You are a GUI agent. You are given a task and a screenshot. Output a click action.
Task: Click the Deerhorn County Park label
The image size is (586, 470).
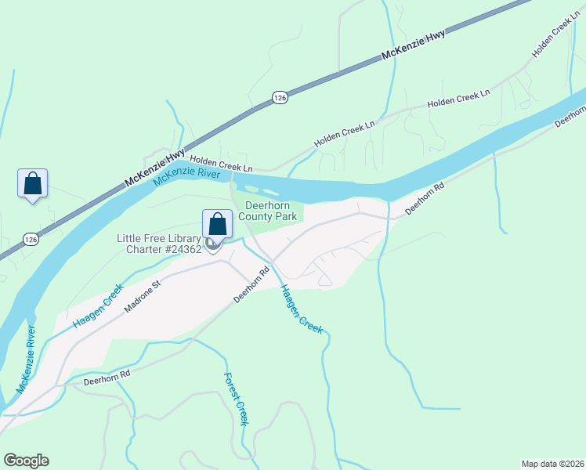pos(269,211)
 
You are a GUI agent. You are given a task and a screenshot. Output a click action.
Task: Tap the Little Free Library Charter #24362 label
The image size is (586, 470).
pos(159,244)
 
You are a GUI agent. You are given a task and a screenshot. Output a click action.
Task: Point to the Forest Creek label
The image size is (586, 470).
pos(236,399)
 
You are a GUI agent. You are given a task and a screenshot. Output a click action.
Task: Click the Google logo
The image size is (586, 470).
pos(26,461)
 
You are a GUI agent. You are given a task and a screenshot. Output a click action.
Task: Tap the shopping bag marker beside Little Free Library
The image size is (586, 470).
pos(217,225)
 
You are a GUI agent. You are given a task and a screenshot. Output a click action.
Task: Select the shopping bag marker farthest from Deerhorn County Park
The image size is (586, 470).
pos(32,184)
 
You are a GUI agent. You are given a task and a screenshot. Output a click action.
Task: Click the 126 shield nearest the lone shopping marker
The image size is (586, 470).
pos(30,238)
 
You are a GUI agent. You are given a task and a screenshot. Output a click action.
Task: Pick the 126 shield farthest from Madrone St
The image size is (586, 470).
pos(280,96)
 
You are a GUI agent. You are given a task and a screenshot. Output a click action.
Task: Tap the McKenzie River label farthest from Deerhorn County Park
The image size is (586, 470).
pos(27,360)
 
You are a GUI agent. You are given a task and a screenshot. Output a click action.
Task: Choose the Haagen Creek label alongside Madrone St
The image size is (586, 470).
pos(99,305)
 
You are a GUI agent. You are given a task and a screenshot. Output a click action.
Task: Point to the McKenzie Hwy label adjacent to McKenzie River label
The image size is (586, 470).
pos(155,168)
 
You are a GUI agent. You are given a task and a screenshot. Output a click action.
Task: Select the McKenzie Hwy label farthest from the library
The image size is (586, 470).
pos(414,46)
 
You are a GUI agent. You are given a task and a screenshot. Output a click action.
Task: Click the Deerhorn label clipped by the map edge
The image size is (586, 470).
pos(570,118)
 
